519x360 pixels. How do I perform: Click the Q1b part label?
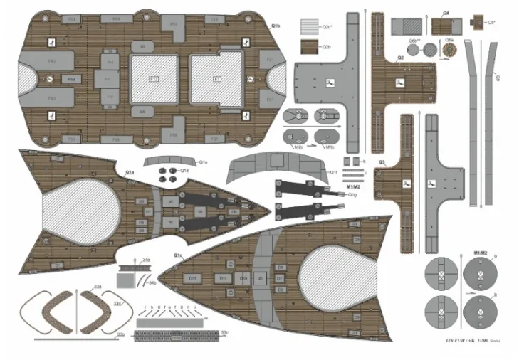point(276,26)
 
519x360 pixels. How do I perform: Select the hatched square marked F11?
point(153,78)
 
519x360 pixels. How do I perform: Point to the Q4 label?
point(446,13)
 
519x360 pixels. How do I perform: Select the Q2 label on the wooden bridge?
point(400,56)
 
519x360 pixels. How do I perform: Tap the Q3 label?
point(382,162)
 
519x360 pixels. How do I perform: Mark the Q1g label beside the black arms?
point(352,194)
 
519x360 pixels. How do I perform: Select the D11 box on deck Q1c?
point(223,277)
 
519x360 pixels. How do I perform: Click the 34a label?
point(146,260)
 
